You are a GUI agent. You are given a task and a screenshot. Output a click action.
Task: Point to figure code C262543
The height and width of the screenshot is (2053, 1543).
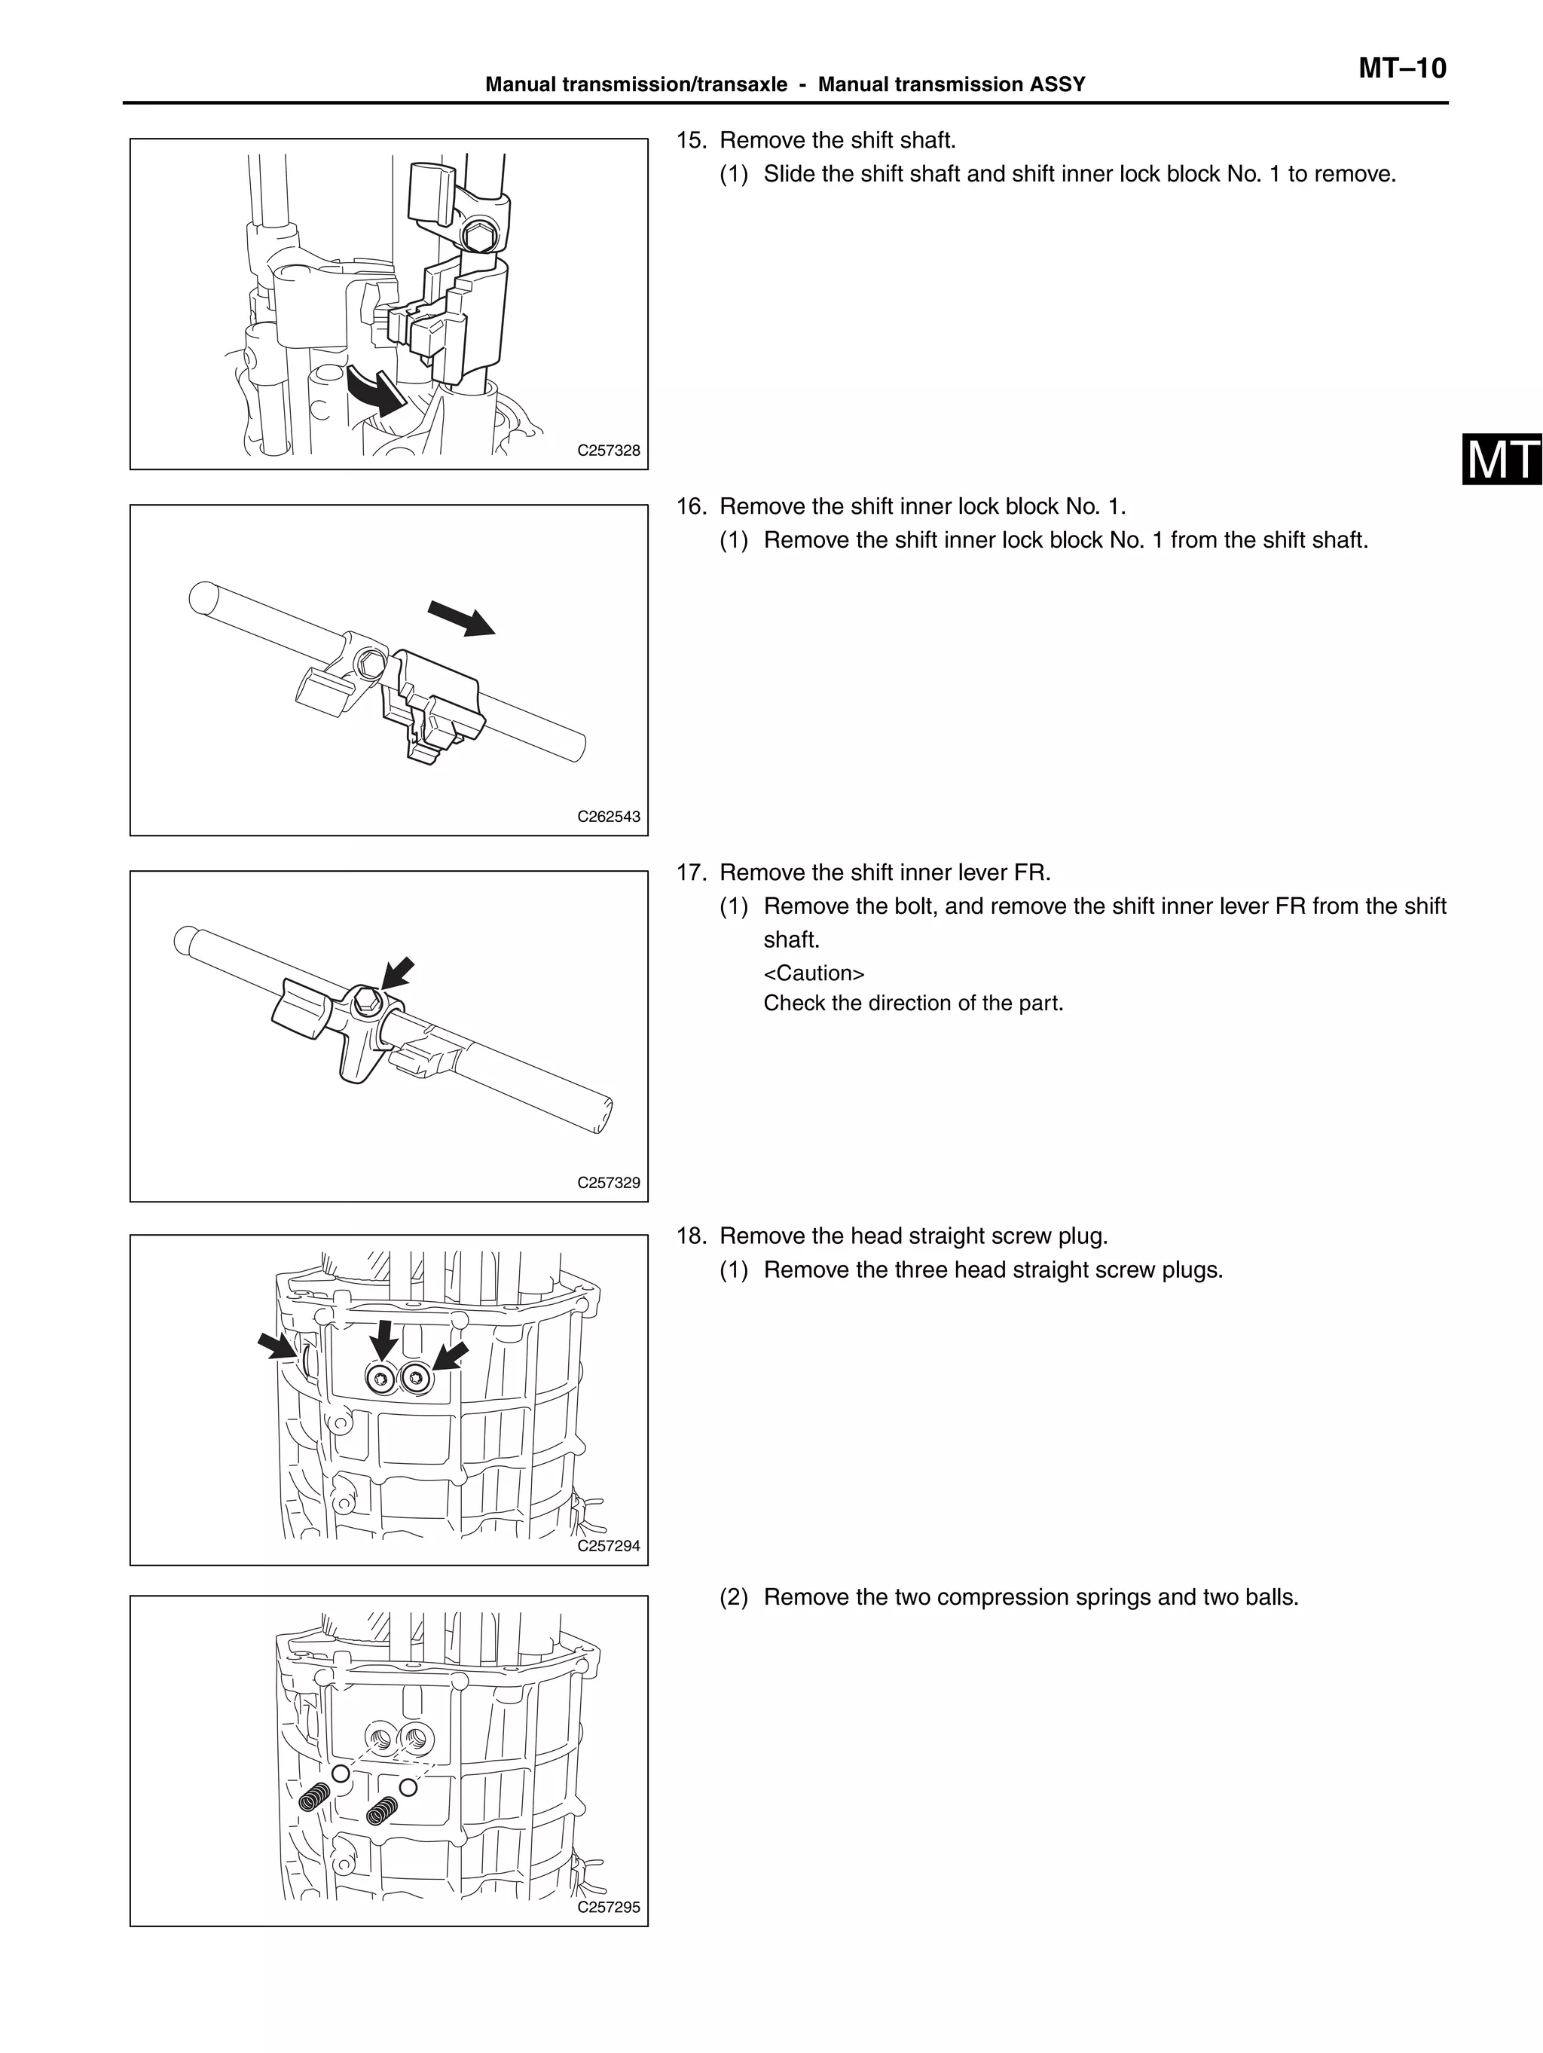click(x=608, y=817)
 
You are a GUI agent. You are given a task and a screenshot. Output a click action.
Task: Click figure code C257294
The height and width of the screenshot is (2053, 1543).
click(x=608, y=1545)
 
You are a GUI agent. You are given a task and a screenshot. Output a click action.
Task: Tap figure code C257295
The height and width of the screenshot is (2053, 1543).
click(x=608, y=1908)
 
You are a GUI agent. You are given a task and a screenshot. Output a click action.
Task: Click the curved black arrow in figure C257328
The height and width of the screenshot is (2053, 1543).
click(x=376, y=390)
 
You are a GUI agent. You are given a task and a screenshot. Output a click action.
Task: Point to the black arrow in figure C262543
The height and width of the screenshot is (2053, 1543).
click(x=460, y=617)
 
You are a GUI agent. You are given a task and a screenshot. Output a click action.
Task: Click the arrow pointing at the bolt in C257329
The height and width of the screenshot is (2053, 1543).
click(x=397, y=973)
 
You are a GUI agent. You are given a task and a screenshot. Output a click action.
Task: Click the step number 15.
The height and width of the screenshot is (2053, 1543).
click(x=691, y=140)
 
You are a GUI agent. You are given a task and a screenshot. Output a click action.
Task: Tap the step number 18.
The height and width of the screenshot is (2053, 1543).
click(x=691, y=1236)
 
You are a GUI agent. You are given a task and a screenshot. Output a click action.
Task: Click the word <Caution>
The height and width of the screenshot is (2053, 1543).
click(x=813, y=973)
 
